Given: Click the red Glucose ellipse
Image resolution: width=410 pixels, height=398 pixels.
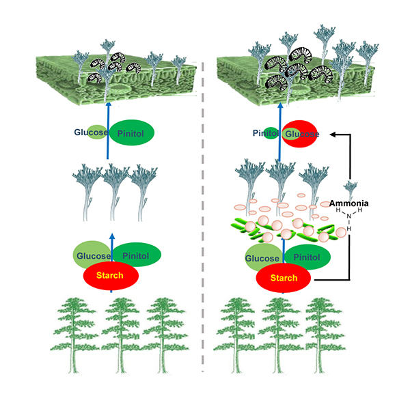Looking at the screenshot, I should (x=302, y=134).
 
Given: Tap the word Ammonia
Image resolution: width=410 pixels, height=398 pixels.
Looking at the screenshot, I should (x=349, y=203).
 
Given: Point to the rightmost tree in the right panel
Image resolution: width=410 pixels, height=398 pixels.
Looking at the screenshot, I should (x=320, y=335).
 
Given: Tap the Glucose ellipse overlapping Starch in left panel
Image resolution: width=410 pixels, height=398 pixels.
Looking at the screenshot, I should (x=92, y=253).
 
